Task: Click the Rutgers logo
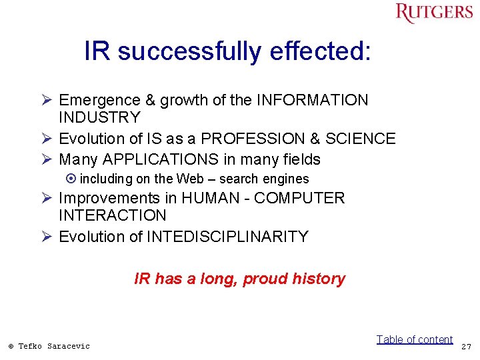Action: click(x=434, y=13)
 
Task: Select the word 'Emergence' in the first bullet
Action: click(x=100, y=100)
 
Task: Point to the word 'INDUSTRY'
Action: click(x=100, y=117)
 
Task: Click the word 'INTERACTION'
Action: click(x=113, y=215)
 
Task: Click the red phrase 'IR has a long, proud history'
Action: click(x=239, y=279)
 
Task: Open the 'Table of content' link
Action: click(x=414, y=339)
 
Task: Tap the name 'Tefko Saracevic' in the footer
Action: click(x=53, y=345)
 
